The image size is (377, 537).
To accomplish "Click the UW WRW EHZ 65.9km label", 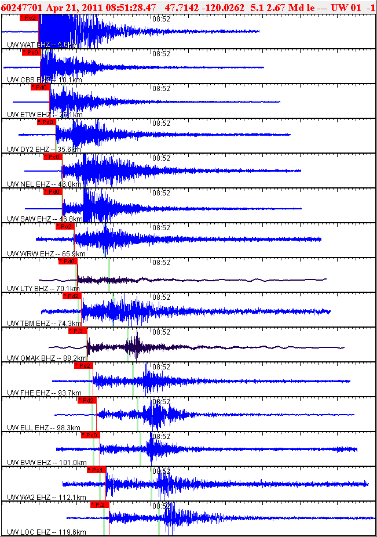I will [46, 253].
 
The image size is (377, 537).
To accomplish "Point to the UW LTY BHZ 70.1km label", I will [43, 288].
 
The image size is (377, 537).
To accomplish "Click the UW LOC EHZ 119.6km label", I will [47, 532].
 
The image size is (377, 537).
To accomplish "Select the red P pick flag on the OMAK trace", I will [78, 331].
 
